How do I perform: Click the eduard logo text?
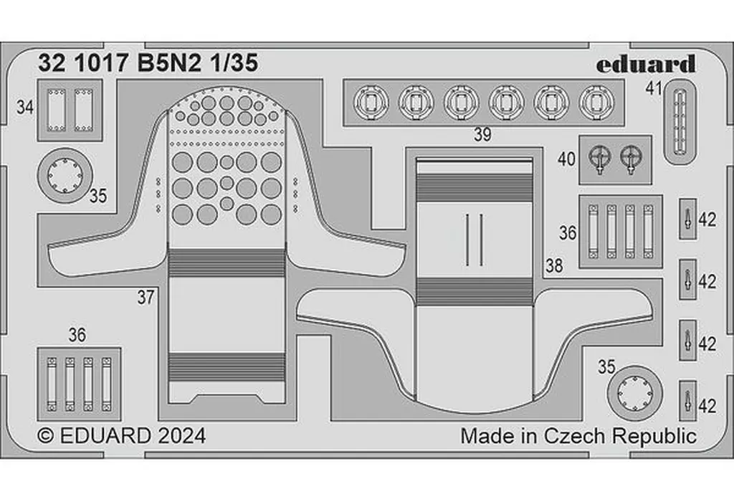pos(645,64)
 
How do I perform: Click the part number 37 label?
pos(146,298)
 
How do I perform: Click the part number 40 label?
pos(566,159)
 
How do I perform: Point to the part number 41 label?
pos(652,90)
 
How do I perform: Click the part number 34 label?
pos(25,108)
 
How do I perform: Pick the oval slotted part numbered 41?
pos(680,120)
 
